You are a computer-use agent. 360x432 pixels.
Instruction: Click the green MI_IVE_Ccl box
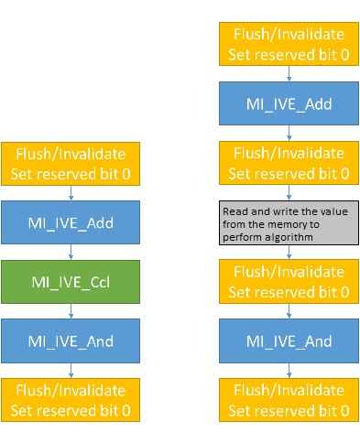[x=71, y=282]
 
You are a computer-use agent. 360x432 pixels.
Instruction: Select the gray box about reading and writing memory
[x=289, y=222]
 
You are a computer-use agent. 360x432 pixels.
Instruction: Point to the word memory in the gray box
[x=286, y=224]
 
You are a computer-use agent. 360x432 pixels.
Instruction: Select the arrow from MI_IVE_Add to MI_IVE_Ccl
[x=71, y=252]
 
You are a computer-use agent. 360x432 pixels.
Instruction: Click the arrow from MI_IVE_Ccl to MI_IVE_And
[x=71, y=311]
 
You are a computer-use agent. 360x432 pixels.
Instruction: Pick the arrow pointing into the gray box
[x=289, y=192]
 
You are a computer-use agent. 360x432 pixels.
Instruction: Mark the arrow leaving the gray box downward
[x=289, y=252]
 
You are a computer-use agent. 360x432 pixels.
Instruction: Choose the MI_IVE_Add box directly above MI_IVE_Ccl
[x=71, y=222]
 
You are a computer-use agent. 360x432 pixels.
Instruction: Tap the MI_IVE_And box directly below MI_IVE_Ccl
[x=71, y=340]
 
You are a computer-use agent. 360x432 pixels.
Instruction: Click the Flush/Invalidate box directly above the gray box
[x=289, y=163]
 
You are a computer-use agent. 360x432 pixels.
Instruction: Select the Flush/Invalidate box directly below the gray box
[x=289, y=281]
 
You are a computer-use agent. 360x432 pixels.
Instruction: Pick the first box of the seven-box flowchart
[x=289, y=44]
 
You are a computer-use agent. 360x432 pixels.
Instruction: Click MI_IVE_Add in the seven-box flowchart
[x=289, y=103]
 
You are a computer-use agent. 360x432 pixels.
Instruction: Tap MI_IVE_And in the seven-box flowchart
[x=289, y=340]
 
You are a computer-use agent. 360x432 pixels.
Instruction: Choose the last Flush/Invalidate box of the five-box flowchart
[x=71, y=400]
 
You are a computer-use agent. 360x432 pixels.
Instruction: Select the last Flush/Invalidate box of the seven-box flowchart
[x=289, y=400]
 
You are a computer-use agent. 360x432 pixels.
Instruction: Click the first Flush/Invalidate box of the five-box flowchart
[x=71, y=164]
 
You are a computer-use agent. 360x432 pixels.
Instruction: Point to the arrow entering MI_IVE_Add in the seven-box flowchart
[x=289, y=73]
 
